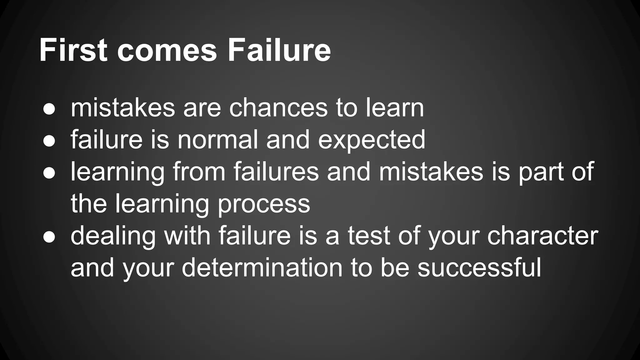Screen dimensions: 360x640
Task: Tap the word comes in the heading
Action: (x=167, y=51)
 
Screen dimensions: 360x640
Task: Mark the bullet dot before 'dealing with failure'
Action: (x=49, y=237)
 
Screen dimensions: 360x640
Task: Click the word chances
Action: (x=278, y=108)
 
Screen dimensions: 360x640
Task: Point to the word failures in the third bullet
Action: (x=276, y=172)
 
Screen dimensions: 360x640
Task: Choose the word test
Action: (x=369, y=236)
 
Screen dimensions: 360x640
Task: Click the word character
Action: (x=542, y=236)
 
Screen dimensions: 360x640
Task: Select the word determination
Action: (x=262, y=268)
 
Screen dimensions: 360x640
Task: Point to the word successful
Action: (x=479, y=268)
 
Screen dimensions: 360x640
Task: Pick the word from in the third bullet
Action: (x=199, y=172)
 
